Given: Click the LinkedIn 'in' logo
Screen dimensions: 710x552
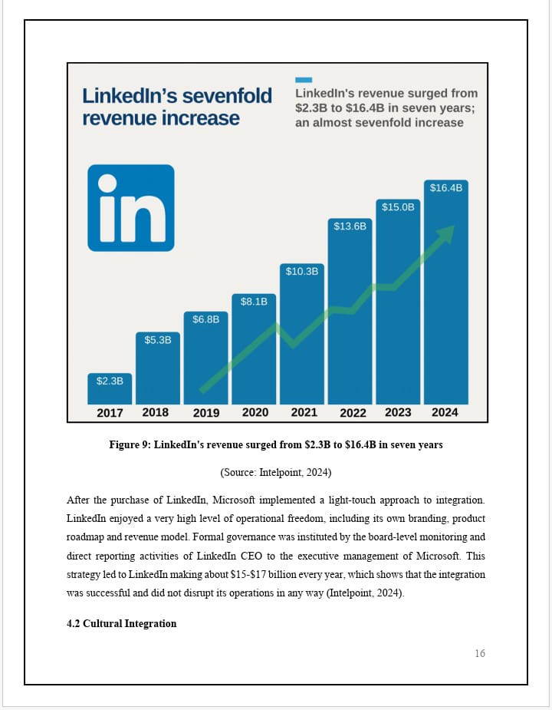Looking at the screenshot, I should pyautogui.click(x=131, y=207).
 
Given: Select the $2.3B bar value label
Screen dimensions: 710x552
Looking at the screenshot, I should pyautogui.click(x=110, y=380).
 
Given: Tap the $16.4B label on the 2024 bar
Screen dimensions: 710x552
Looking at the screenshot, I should pyautogui.click(x=445, y=187).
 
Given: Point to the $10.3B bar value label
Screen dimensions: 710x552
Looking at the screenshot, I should pyautogui.click(x=301, y=271).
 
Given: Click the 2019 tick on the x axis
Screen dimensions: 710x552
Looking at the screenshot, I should pyautogui.click(x=205, y=412).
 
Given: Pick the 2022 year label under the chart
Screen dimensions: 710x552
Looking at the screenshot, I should pyautogui.click(x=353, y=412).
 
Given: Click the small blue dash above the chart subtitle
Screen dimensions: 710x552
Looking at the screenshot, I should pyautogui.click(x=304, y=79).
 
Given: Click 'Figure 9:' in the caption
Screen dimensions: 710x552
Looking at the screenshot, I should pyautogui.click(x=131, y=444).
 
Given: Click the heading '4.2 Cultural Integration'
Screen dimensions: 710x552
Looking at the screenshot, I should pyautogui.click(x=121, y=623).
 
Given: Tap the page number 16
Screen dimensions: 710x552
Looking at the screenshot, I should pyautogui.click(x=480, y=653).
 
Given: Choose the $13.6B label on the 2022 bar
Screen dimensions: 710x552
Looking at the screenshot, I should pyautogui.click(x=350, y=226).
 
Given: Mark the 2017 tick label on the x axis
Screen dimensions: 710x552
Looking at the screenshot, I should pyautogui.click(x=110, y=412).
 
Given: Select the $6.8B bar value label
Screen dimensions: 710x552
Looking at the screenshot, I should pyautogui.click(x=205, y=319).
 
